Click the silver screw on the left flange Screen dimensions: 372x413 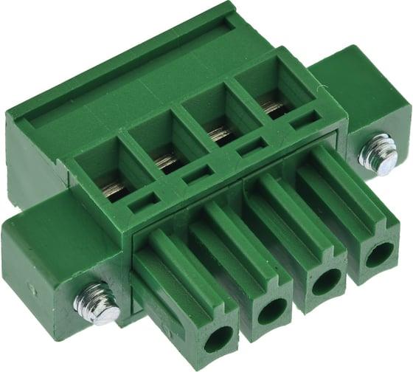[97, 303]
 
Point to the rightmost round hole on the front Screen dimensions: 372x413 [379, 255]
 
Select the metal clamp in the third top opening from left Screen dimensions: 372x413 [219, 134]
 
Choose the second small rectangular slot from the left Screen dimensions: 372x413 [198, 174]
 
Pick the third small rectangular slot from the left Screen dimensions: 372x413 [251, 147]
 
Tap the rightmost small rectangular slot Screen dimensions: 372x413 [305, 120]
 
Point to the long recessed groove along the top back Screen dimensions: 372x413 [125, 74]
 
